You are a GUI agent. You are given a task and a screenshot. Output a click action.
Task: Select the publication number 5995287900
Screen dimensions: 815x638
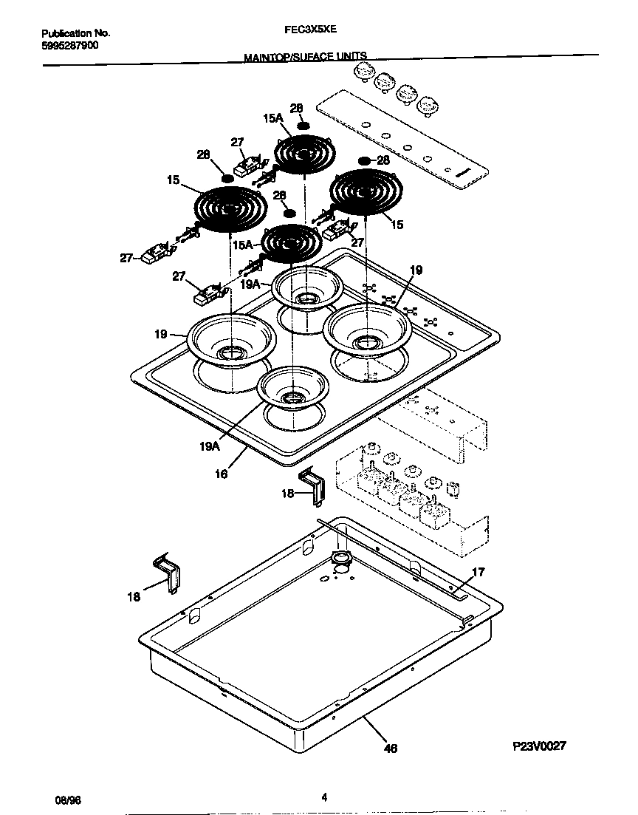(x=69, y=45)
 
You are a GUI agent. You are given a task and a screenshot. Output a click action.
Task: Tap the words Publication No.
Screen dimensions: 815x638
(x=75, y=33)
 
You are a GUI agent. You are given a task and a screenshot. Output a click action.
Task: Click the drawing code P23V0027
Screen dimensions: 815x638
(x=539, y=746)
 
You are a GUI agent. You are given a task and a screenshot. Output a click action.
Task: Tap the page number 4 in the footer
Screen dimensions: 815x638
(x=324, y=797)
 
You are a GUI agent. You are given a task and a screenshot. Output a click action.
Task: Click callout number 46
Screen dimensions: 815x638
(x=391, y=748)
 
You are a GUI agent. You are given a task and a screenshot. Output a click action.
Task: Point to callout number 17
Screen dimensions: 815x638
(x=478, y=571)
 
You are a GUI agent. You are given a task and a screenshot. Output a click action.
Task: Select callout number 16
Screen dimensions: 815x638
(x=221, y=475)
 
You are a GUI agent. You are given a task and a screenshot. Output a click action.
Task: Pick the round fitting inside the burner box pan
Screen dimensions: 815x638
(x=341, y=559)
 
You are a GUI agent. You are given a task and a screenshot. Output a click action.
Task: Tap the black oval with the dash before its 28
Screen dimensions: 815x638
(x=364, y=160)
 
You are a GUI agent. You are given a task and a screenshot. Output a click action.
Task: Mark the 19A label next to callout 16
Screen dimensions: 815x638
(x=210, y=446)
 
